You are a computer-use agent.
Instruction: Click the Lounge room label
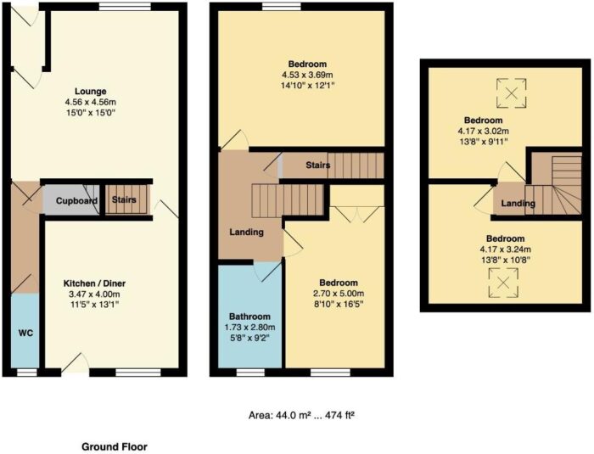[x=91, y=92]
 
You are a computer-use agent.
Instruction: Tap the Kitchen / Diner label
[x=94, y=283]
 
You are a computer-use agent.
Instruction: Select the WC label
[x=25, y=333]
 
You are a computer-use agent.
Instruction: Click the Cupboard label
[x=77, y=201]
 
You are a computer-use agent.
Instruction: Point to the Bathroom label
[x=249, y=317]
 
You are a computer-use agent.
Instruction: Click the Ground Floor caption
[x=115, y=447]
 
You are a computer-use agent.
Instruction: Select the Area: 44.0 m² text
[x=279, y=416]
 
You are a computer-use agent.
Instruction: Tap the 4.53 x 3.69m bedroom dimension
[x=307, y=75]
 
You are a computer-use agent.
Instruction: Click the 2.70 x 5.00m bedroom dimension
[x=339, y=294]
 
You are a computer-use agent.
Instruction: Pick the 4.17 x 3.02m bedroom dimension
[x=484, y=132]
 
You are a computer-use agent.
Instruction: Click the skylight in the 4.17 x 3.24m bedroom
[x=503, y=283]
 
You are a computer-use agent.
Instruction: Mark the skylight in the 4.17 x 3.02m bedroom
[x=512, y=92]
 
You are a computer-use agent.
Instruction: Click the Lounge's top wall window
[x=125, y=7]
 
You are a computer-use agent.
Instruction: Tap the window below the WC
[x=27, y=373]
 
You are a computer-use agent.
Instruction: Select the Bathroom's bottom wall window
[x=250, y=373]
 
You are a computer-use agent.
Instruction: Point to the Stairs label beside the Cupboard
[x=124, y=199]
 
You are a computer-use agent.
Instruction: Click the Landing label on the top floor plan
[x=518, y=204]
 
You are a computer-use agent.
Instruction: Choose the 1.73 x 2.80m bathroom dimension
[x=249, y=327]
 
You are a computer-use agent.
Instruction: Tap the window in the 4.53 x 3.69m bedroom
[x=282, y=7]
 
